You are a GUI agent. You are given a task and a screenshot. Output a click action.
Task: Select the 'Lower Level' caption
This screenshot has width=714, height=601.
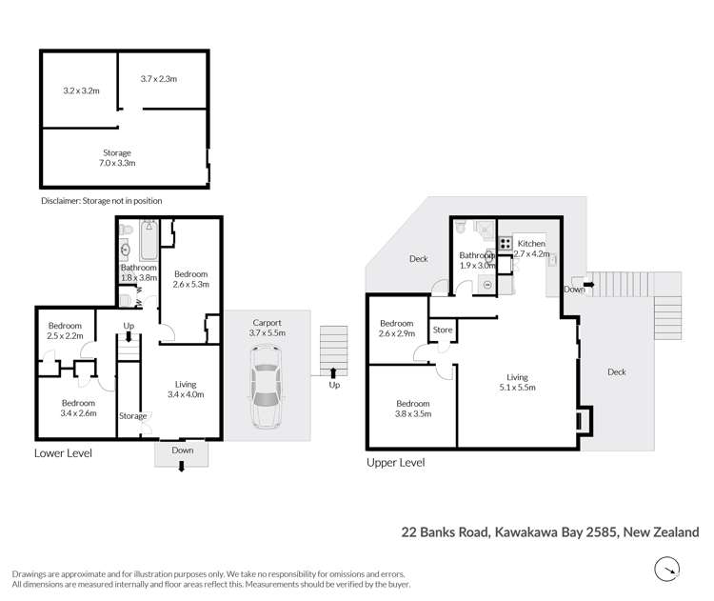click(63, 453)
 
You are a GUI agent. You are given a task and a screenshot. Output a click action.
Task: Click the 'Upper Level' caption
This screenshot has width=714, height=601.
click(395, 462)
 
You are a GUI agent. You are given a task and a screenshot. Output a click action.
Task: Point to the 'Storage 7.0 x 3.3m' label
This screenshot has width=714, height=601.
click(117, 158)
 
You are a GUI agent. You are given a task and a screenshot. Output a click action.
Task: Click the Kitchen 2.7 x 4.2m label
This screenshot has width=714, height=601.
click(532, 250)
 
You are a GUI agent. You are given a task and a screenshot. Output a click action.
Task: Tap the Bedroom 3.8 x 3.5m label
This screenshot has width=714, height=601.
click(412, 409)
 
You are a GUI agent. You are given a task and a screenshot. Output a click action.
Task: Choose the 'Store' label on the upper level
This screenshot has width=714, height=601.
click(443, 331)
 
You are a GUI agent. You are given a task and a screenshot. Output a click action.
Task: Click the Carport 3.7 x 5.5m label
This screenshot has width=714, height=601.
click(267, 327)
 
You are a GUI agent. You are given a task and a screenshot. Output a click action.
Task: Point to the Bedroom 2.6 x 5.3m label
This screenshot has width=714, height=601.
click(190, 278)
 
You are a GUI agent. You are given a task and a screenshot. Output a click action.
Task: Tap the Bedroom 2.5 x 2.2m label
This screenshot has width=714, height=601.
click(65, 330)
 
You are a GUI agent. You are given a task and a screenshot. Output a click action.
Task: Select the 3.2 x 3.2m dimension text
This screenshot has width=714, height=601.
click(81, 91)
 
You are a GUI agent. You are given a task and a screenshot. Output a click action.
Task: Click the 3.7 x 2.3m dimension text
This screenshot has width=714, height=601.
click(159, 79)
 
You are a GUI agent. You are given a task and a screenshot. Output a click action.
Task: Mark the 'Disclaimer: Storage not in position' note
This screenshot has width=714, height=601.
click(102, 201)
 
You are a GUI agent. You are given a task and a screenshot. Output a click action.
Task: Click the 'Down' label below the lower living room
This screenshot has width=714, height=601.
click(182, 451)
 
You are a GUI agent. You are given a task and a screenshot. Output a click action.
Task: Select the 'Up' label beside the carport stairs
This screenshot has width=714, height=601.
click(333, 386)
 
